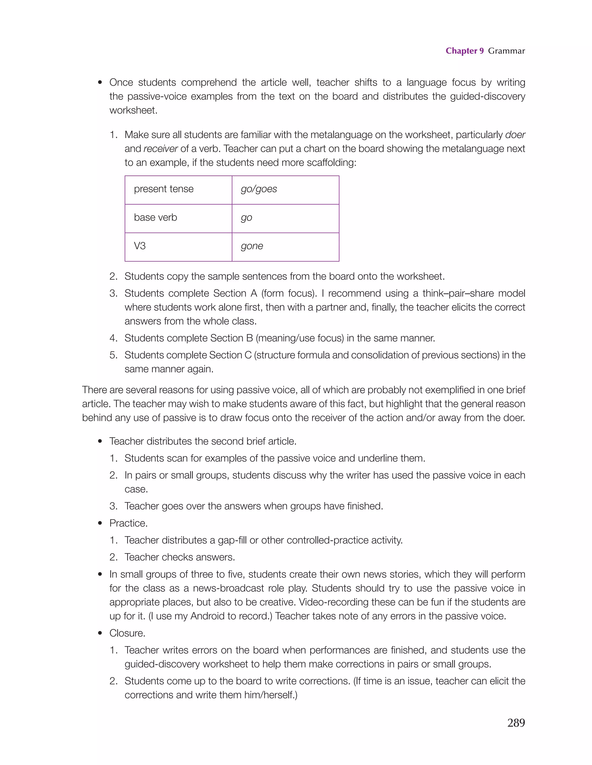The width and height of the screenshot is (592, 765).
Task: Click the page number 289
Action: click(x=516, y=722)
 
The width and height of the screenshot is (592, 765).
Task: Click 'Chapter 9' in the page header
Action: click(x=464, y=51)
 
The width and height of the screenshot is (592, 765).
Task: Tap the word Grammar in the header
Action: click(x=506, y=51)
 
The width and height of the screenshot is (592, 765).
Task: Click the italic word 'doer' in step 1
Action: click(x=515, y=135)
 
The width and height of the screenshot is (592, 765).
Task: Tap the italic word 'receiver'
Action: click(x=161, y=149)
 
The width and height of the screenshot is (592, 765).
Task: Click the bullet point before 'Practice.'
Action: click(x=100, y=523)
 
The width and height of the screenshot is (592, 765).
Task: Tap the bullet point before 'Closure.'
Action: click(x=100, y=633)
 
